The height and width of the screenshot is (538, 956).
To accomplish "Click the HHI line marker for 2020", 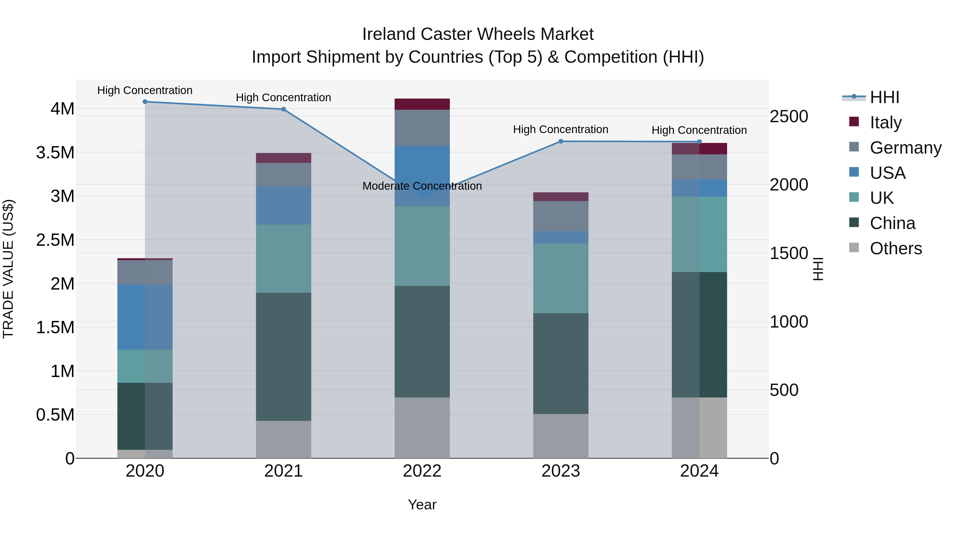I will click(x=145, y=102).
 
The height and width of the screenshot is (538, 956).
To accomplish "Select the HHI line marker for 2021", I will click(x=284, y=109).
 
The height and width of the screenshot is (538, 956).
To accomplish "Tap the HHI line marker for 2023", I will click(x=561, y=141).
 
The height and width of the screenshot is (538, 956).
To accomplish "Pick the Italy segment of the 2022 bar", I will click(x=422, y=104).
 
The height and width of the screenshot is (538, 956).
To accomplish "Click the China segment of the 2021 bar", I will click(x=284, y=357).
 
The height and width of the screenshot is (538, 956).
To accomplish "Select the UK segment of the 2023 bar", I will click(x=561, y=278).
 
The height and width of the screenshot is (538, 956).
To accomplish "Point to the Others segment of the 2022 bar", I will click(x=422, y=428).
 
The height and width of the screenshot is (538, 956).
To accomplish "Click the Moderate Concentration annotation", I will click(x=422, y=186).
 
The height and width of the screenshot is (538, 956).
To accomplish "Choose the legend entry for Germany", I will click(x=906, y=148).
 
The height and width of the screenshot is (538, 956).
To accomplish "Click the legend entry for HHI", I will click(x=884, y=97).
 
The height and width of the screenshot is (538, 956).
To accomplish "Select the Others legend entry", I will click(x=895, y=248).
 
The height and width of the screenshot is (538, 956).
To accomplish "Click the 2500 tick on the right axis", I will click(x=789, y=117).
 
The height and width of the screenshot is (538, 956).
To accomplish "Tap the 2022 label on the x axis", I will click(x=422, y=471).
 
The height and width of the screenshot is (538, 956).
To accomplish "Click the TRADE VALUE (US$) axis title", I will click(x=8, y=269).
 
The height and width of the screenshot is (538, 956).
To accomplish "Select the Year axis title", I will click(x=422, y=505).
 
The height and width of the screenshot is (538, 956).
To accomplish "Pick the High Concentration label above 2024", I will click(x=699, y=130).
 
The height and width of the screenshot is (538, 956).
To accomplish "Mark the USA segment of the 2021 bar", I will click(x=284, y=206).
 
